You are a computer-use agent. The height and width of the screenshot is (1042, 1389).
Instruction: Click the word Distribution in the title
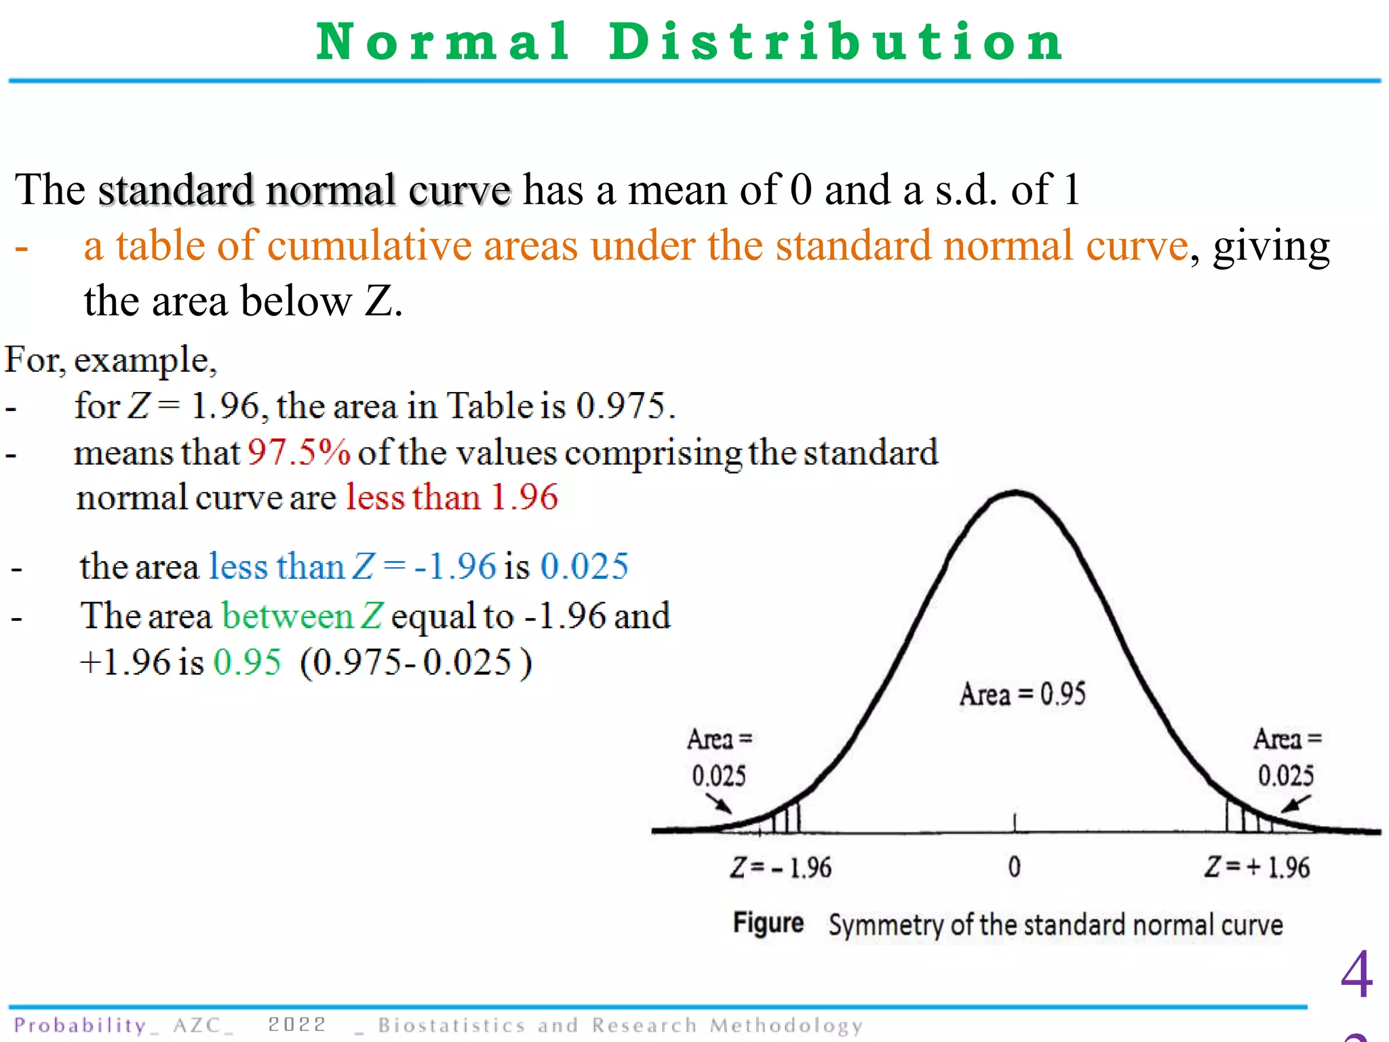pyautogui.click(x=836, y=42)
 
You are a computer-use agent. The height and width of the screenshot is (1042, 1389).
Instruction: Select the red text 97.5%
pyautogui.click(x=298, y=452)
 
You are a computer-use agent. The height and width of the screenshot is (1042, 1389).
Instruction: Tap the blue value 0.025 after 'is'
pyautogui.click(x=585, y=566)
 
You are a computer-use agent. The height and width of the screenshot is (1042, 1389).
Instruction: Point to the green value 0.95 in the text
pyautogui.click(x=247, y=662)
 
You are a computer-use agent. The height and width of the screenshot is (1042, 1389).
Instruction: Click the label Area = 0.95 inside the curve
pyautogui.click(x=1022, y=694)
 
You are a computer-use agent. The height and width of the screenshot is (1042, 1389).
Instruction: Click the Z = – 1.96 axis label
pyautogui.click(x=780, y=868)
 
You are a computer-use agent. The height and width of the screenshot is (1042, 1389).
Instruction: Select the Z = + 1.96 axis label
pyautogui.click(x=1257, y=868)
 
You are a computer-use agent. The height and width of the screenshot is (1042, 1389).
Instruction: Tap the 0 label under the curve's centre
pyautogui.click(x=1014, y=868)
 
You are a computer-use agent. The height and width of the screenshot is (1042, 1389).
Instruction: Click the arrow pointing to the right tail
pyautogui.click(x=1295, y=804)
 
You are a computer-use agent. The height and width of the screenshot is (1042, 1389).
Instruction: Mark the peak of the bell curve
pyautogui.click(x=1015, y=493)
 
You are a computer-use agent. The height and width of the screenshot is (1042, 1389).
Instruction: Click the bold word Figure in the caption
pyautogui.click(x=768, y=924)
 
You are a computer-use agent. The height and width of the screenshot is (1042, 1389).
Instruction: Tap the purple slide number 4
pyautogui.click(x=1356, y=975)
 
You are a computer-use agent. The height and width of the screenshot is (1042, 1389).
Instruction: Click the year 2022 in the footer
pyautogui.click(x=297, y=1024)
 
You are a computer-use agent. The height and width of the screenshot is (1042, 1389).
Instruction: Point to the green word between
pyautogui.click(x=288, y=617)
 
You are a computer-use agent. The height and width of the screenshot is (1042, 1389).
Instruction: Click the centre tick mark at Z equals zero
pyautogui.click(x=1015, y=822)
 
